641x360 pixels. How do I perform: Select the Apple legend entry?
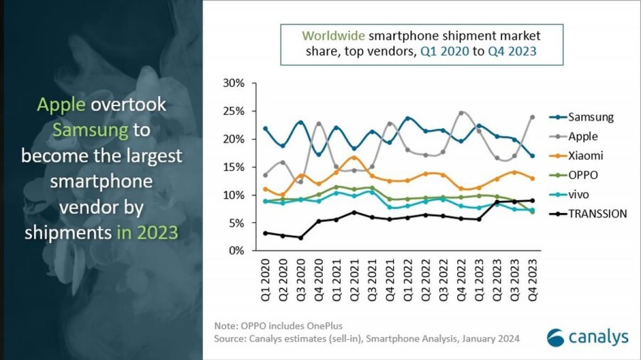click(583, 136)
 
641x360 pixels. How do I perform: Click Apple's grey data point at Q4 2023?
click(532, 117)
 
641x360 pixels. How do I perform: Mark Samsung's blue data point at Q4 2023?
click(532, 156)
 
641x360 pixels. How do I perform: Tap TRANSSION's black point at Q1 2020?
click(265, 233)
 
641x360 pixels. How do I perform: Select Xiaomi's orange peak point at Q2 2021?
click(354, 158)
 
